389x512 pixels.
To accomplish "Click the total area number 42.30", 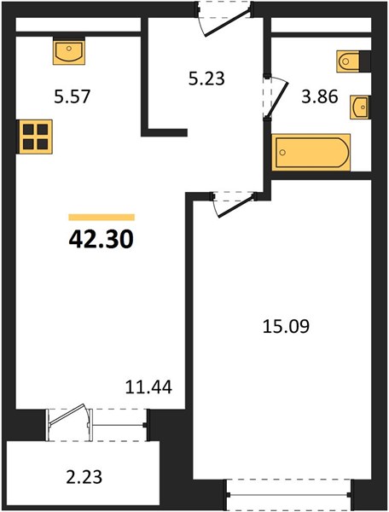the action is coord(102,239).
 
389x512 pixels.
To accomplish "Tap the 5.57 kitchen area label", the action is coord(72,97).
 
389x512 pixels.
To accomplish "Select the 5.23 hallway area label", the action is coord(206,79).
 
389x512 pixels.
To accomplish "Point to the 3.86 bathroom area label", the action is coord(320,96).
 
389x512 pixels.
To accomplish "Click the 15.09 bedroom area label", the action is coord(286,327).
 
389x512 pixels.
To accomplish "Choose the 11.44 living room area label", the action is coord(148,387).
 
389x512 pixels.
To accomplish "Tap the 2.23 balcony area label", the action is coord(84,476).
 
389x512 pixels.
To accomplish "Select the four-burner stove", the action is coord(35,137).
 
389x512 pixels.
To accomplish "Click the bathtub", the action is coord(311,152).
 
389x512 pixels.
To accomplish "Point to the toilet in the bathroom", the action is coord(348,61).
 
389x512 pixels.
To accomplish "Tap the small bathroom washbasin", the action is coord(360,108).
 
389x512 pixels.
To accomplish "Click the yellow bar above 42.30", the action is coord(102,217).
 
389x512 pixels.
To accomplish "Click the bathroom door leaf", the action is coord(278,100).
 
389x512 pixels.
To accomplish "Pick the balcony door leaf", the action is coord(67,415).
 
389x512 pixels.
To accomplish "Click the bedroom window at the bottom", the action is coord(288,495).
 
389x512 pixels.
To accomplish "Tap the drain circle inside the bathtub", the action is coord(283,152).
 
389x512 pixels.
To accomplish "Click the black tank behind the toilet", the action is coord(365,61).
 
